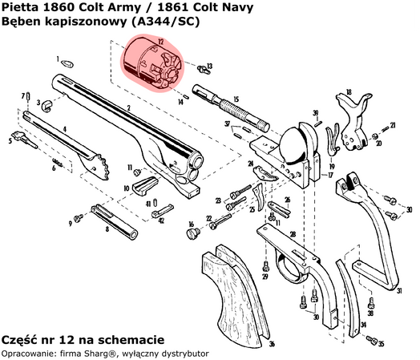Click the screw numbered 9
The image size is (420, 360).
pyautogui.click(x=79, y=217)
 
